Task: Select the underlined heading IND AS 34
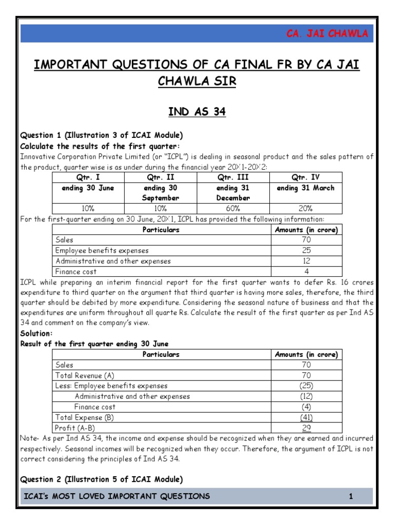pyautogui.click(x=197, y=112)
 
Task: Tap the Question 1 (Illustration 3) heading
pyautogui.click(x=102, y=135)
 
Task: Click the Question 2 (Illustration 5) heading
pyautogui.click(x=102, y=479)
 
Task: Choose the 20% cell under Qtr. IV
pyautogui.click(x=306, y=208)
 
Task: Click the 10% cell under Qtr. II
pyautogui.click(x=160, y=208)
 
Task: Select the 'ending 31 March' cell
pyautogui.click(x=306, y=188)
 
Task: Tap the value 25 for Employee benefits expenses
pyautogui.click(x=306, y=251)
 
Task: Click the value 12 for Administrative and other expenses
pyautogui.click(x=306, y=261)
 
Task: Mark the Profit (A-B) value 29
pyautogui.click(x=306, y=428)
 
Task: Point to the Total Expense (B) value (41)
pyautogui.click(x=306, y=417)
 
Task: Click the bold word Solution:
pyautogui.click(x=36, y=333)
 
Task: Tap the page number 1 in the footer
pyautogui.click(x=351, y=496)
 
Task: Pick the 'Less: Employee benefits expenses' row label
pyautogui.click(x=111, y=386)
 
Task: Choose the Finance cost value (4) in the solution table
pyautogui.click(x=306, y=407)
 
